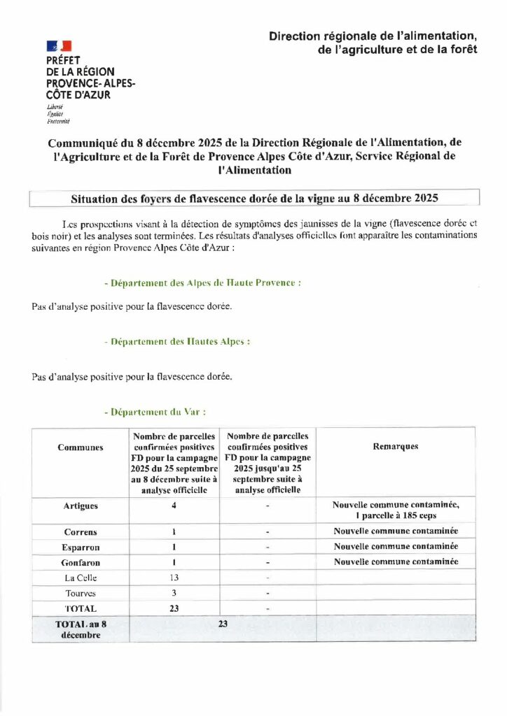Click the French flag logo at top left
pyautogui.click(x=59, y=46)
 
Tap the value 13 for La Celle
pyautogui.click(x=174, y=578)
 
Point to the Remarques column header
pyautogui.click(x=396, y=447)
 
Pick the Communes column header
pyautogui.click(x=80, y=447)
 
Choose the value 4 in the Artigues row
pyautogui.click(x=173, y=506)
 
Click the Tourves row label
pyautogui.click(x=80, y=593)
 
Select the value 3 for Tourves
pyautogui.click(x=174, y=593)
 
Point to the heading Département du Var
pyautogui.click(x=154, y=413)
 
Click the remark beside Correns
pyautogui.click(x=396, y=531)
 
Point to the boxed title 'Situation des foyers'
pyautogui.click(x=254, y=198)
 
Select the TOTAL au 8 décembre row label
pyautogui.click(x=80, y=628)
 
